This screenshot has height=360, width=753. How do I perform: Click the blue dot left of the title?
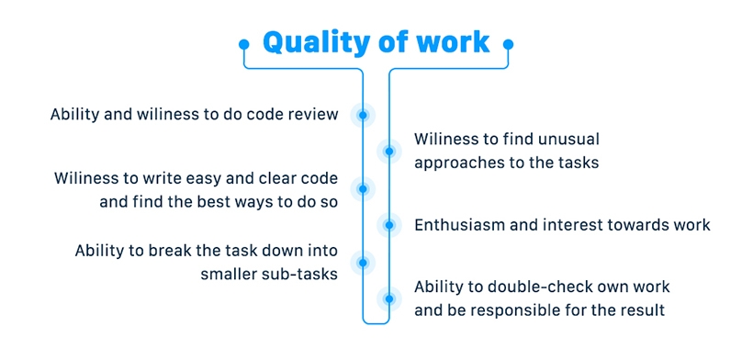(243, 43)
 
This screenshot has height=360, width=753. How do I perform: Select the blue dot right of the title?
(509, 43)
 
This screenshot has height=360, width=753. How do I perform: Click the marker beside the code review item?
(364, 115)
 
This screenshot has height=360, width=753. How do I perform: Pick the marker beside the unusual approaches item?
(389, 151)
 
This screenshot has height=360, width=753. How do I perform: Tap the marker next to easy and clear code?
(364, 188)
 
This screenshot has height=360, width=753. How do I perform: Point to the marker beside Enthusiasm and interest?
(389, 224)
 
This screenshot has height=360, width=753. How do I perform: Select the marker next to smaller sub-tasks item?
(364, 261)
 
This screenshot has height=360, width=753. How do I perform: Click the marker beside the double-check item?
(389, 298)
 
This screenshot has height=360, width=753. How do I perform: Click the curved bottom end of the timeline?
(376, 321)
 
